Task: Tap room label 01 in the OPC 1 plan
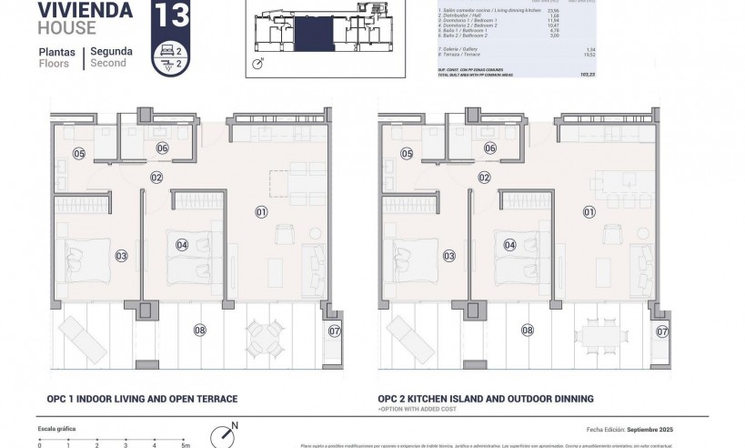click(x=261, y=212)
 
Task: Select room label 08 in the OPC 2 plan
click(x=527, y=330)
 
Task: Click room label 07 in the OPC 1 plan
click(x=335, y=331)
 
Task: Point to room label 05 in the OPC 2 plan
click(x=407, y=154)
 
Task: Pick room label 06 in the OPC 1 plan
click(x=162, y=148)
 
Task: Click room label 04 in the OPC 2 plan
click(x=509, y=244)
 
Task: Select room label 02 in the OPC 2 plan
click(x=485, y=178)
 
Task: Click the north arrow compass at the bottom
click(x=224, y=435)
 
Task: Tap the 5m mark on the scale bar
click(x=185, y=445)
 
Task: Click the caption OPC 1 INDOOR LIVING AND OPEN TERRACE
click(x=142, y=399)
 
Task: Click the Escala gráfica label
click(x=56, y=427)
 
